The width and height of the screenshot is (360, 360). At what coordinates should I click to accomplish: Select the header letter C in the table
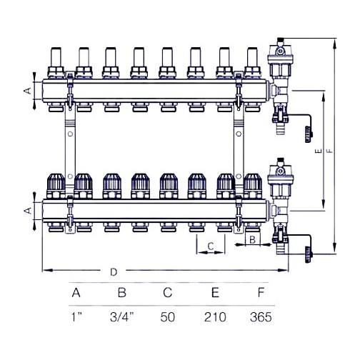click(168, 293)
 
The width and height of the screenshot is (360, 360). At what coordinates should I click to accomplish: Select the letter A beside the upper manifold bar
click(27, 91)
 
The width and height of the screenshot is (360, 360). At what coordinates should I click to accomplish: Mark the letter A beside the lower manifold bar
click(27, 211)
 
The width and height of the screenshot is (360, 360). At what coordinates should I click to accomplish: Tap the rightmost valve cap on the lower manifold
click(251, 186)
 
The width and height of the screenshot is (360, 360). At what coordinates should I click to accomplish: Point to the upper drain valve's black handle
click(306, 132)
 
